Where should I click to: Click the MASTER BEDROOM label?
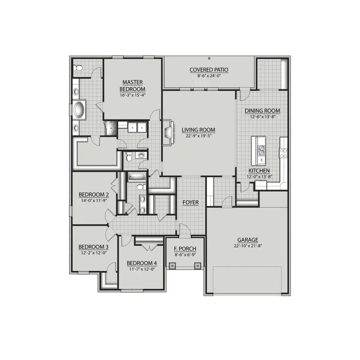(134, 85)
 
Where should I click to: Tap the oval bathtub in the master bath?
(79, 110)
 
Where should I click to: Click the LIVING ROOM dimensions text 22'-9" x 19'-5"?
(198, 136)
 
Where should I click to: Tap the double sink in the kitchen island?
(262, 150)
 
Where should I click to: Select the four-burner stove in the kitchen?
(283, 152)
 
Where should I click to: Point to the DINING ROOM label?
(262, 111)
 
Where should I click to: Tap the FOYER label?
(190, 202)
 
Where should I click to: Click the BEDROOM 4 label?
(142, 263)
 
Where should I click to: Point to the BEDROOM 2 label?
(94, 195)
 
